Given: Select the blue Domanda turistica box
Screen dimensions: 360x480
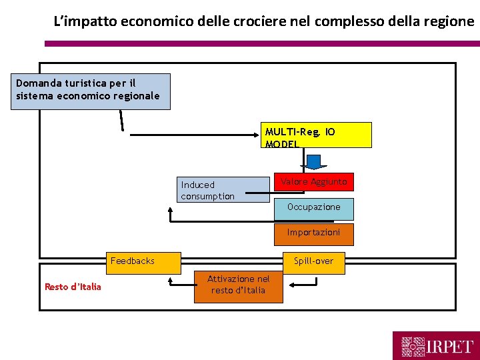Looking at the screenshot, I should [x=92, y=91].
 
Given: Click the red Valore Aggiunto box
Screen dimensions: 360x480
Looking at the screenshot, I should [x=313, y=182].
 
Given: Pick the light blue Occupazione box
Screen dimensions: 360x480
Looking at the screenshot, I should [x=313, y=208].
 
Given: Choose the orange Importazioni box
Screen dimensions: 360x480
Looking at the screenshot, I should [x=313, y=233].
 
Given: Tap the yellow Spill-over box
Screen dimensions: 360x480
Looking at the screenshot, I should [x=313, y=261].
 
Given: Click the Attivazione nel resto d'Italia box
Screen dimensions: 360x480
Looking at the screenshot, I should [x=239, y=285].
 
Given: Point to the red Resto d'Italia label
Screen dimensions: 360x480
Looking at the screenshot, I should [x=73, y=287].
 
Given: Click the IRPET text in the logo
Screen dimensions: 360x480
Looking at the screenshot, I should [x=451, y=347].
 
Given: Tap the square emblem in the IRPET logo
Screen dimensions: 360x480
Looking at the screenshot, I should [x=413, y=347].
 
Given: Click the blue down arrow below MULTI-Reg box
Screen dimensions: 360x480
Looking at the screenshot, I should [x=313, y=162].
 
